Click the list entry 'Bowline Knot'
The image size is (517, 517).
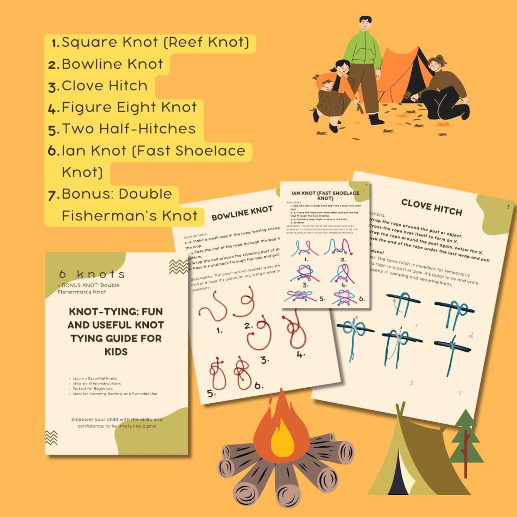(112, 64)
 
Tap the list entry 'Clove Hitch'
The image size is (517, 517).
(104, 86)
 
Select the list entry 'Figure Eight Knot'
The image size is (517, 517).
(129, 107)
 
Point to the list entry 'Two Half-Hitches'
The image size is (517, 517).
(129, 129)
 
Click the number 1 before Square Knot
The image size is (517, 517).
(56, 43)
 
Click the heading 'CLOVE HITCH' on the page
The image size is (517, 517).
(431, 207)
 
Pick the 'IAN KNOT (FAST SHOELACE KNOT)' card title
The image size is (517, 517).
(325, 196)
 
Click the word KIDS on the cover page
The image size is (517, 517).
(116, 351)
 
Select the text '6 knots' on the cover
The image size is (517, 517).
(92, 274)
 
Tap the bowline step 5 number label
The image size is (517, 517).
(211, 394)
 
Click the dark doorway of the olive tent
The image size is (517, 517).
(399, 476)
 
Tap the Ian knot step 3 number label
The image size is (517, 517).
(305, 285)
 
